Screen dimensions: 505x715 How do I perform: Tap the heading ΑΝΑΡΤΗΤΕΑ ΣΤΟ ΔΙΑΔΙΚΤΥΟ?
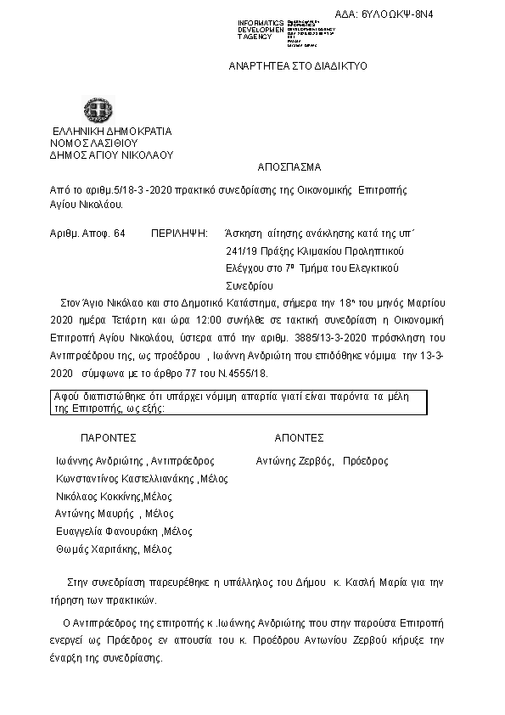[298, 65]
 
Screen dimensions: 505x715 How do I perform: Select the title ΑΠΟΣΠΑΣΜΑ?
[289, 167]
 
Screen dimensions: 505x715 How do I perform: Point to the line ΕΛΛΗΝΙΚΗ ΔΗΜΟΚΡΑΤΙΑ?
[112, 132]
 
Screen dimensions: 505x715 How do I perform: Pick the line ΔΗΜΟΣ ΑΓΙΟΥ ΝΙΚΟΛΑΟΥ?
[111, 155]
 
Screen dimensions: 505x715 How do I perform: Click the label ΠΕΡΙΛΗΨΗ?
[179, 233]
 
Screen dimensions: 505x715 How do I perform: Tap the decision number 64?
[119, 233]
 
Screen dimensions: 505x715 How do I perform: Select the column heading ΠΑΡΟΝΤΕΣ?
[109, 438]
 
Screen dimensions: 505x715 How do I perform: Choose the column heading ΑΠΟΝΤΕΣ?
[299, 438]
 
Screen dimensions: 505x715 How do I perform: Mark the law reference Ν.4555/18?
[248, 373]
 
